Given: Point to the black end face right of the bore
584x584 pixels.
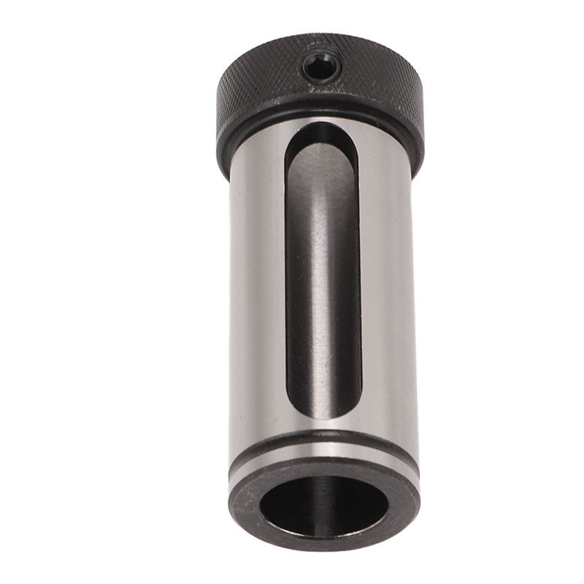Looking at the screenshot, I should coord(405,500).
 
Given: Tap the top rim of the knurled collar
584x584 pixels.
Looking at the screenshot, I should coord(321,38).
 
